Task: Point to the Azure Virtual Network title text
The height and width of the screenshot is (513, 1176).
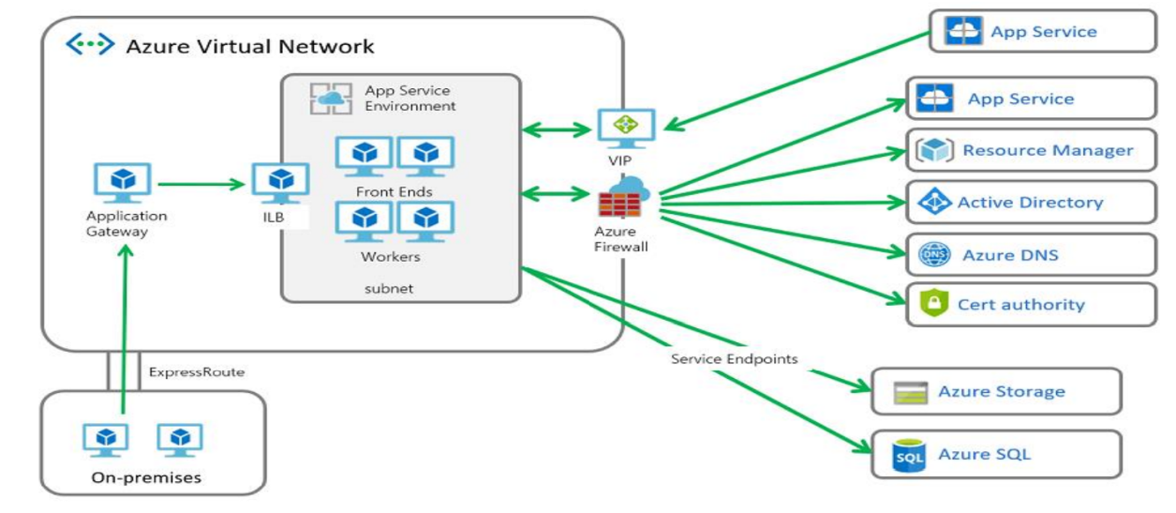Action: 249,46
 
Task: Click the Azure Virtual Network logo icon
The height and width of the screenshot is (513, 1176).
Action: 91,45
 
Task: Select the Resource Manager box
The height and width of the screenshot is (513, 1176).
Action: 1031,151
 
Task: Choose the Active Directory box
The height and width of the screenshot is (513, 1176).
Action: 1031,203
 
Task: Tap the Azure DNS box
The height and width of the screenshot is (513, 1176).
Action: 1031,256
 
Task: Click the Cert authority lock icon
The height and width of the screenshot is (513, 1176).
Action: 933,304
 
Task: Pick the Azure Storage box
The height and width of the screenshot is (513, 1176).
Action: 996,391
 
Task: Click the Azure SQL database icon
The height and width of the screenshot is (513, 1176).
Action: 909,455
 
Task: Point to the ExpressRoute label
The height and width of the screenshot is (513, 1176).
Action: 197,372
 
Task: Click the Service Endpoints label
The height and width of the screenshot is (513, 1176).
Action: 733,359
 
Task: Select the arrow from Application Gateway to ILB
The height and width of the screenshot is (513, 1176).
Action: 201,184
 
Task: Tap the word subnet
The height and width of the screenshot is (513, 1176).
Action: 389,288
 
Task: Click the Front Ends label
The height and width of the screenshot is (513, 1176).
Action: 394,191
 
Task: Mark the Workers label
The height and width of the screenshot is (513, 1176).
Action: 391,257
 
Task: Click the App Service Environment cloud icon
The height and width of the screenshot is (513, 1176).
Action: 331,99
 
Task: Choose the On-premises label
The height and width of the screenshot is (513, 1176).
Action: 146,478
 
